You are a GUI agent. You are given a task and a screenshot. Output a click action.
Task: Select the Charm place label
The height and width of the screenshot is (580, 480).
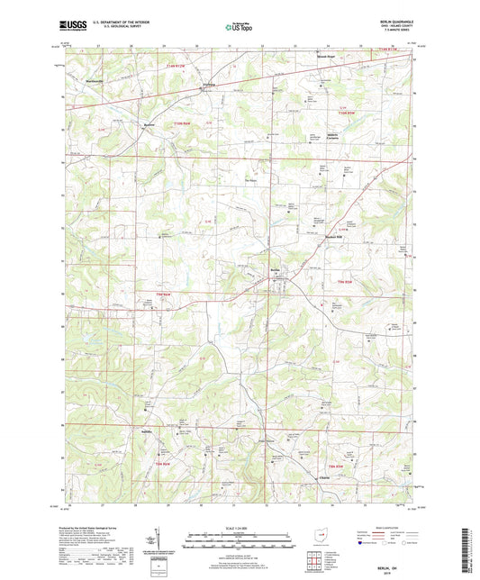323,477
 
